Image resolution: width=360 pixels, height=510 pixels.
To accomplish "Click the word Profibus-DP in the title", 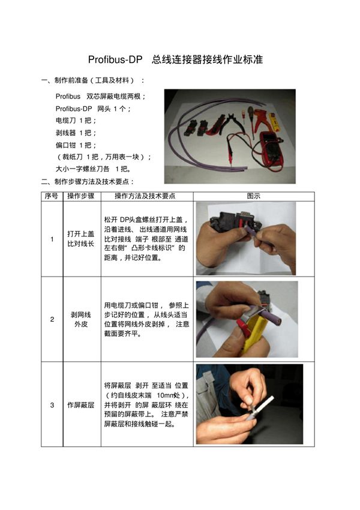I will coord(115,61).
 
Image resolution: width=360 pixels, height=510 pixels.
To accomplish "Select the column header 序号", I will coord(52,196).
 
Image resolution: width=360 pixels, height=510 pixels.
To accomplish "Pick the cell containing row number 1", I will coord(52,239).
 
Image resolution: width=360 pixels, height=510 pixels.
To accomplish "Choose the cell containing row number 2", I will coord(52,319).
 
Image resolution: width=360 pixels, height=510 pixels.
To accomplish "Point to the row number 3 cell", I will coord(52,405).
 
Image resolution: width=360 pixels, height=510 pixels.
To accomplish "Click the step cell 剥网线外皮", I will coord(81,319).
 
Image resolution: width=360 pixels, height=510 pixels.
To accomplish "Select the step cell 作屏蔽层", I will coord(81,405).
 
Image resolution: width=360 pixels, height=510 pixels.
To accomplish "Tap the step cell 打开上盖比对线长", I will coord(81,239).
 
